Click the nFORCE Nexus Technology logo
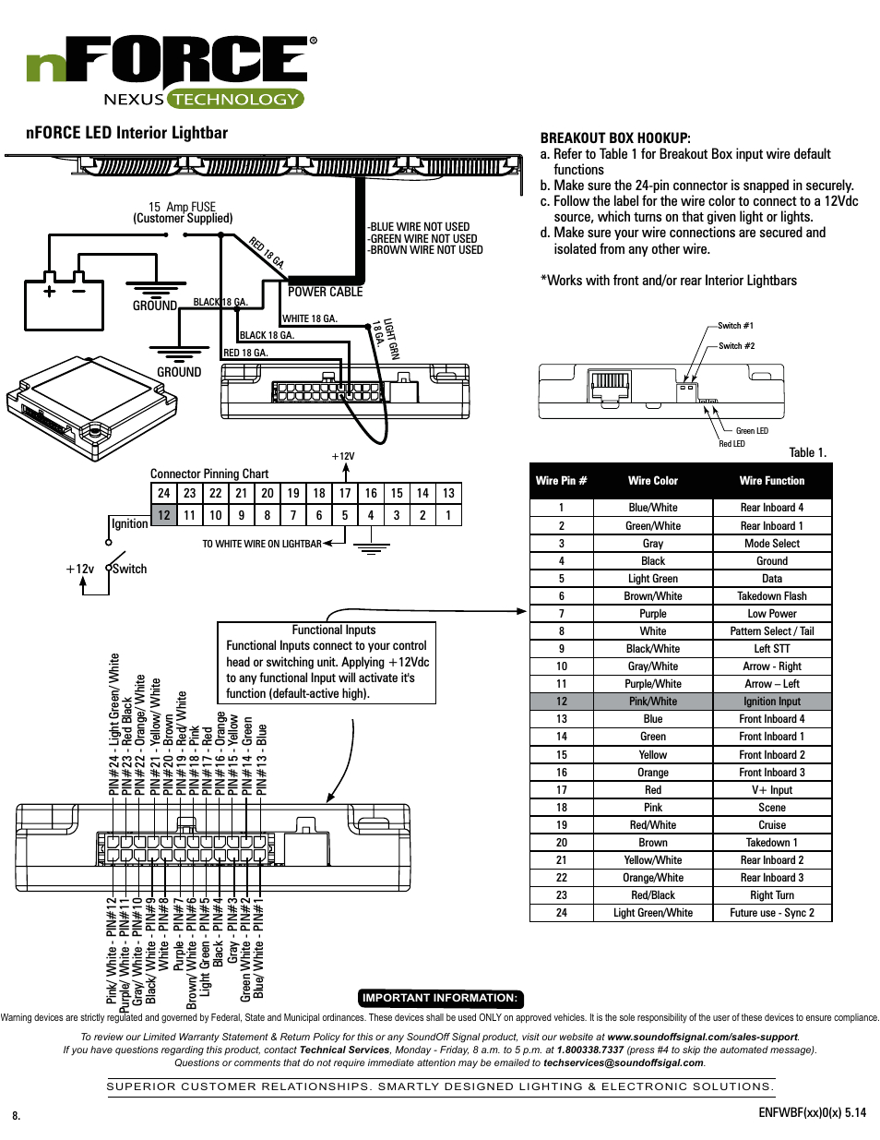(171, 72)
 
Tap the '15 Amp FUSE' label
(182, 208)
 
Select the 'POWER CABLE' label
(325, 292)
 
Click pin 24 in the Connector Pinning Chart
(163, 493)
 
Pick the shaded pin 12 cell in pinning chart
(163, 515)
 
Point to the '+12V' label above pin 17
(343, 456)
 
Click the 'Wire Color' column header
(652, 481)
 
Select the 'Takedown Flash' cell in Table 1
(771, 596)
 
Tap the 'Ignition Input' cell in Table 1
(771, 702)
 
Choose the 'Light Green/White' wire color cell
(652, 913)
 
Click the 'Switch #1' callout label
(735, 326)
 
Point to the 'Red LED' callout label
(731, 444)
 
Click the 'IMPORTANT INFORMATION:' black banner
(440, 998)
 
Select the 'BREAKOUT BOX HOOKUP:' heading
(614, 138)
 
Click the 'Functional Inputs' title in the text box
(333, 630)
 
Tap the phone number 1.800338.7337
(589, 1050)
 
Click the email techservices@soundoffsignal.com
(624, 1062)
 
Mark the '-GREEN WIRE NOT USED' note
(422, 238)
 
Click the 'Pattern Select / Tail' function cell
(771, 631)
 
